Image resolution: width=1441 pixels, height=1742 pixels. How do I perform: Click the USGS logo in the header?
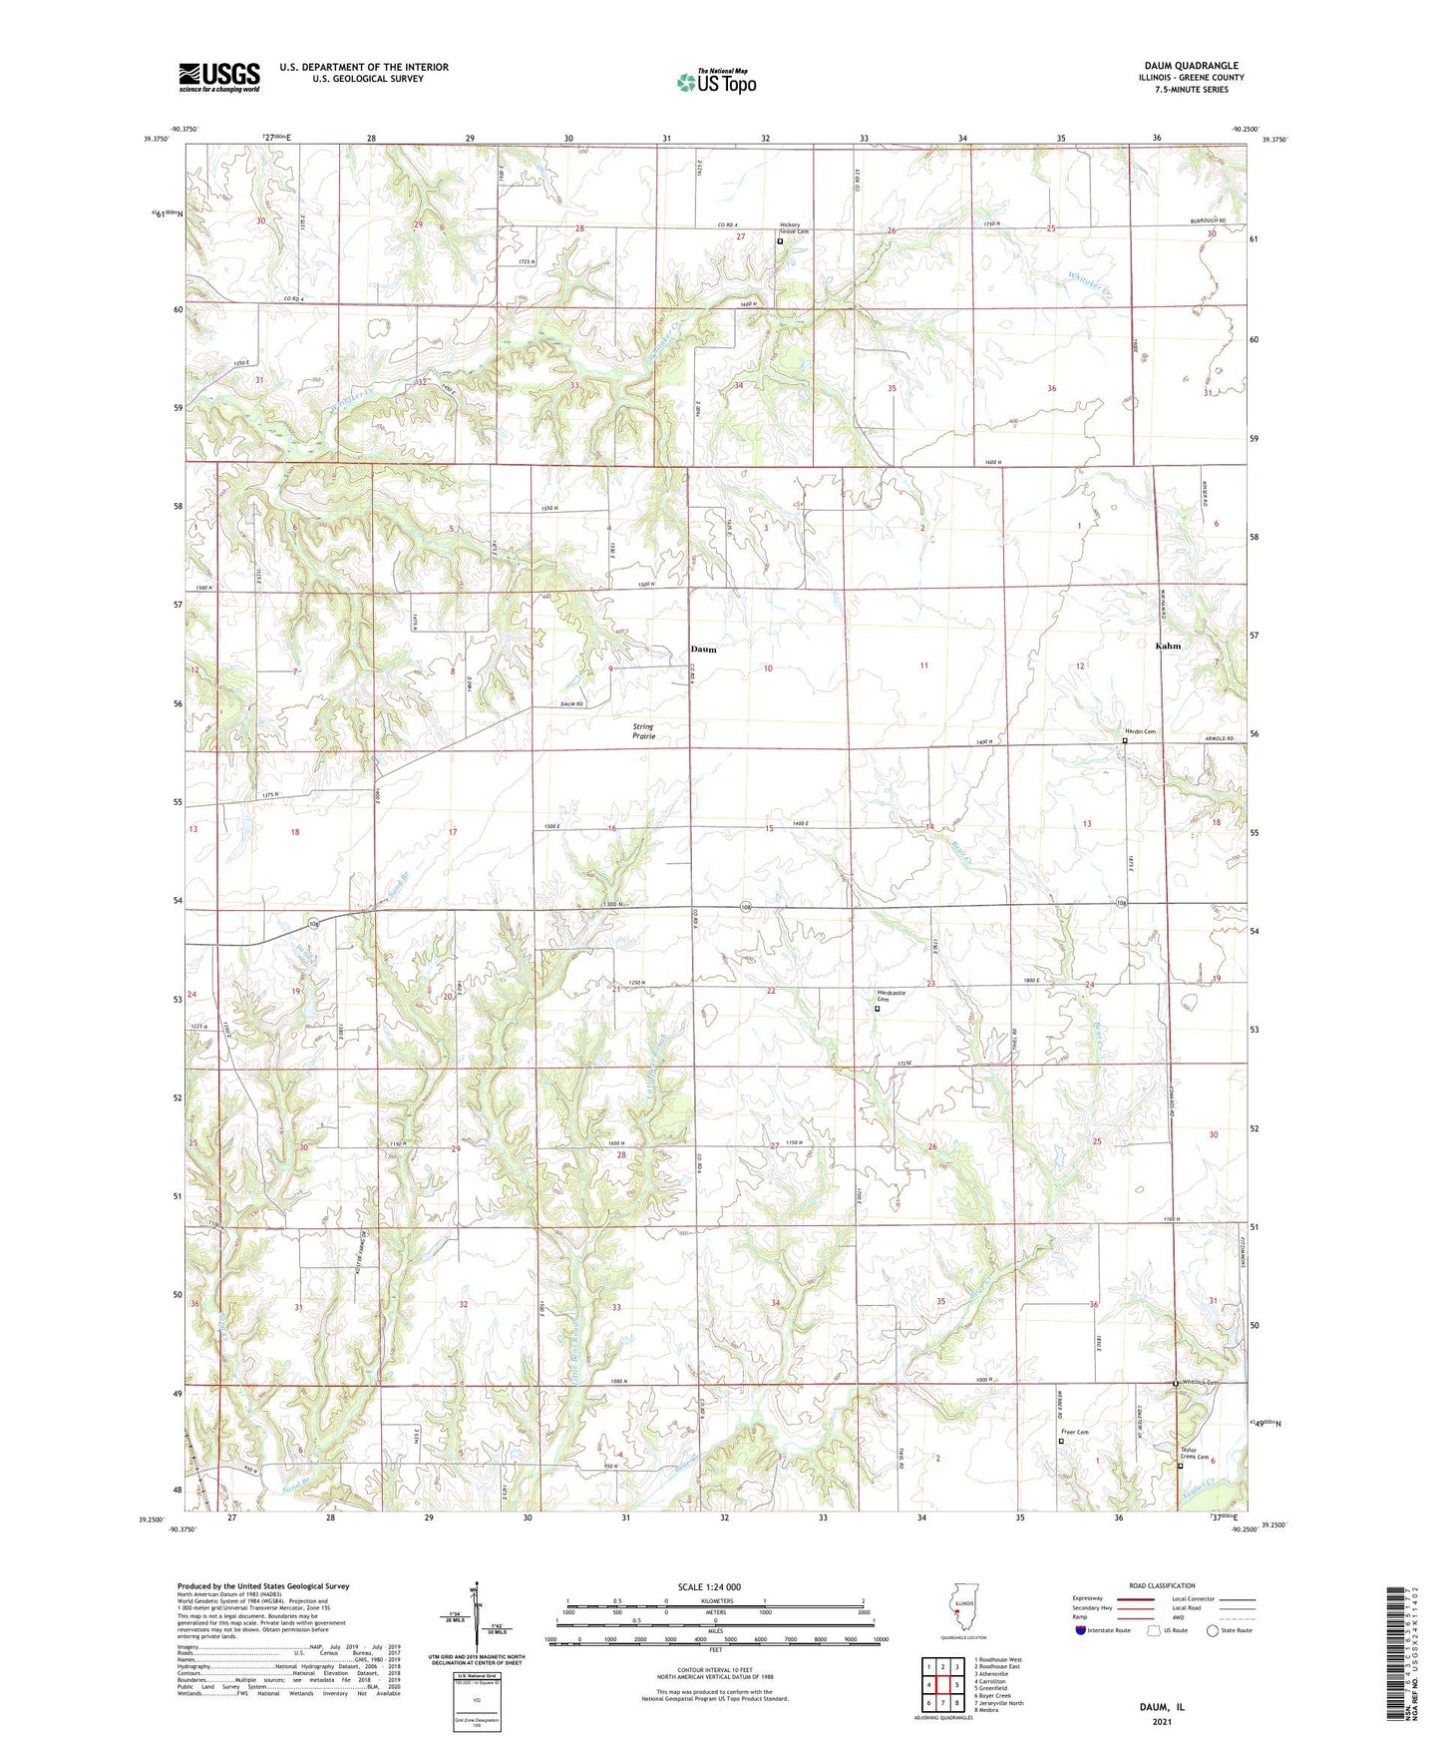coord(218,77)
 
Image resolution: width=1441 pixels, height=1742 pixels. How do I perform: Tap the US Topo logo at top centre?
coord(716,82)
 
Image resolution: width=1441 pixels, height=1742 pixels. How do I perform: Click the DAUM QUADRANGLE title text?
coord(1191,65)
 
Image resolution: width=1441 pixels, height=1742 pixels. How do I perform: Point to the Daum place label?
coord(703,650)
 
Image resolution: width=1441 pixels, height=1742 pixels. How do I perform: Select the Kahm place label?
coord(1167,646)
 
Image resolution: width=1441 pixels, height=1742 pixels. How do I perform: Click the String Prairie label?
coord(643,731)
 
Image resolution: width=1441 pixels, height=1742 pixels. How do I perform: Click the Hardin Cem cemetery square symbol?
coord(1125,741)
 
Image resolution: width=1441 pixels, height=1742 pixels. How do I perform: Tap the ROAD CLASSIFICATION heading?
coord(1161,1585)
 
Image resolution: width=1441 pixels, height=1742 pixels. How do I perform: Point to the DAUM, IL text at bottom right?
coord(1162,1707)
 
